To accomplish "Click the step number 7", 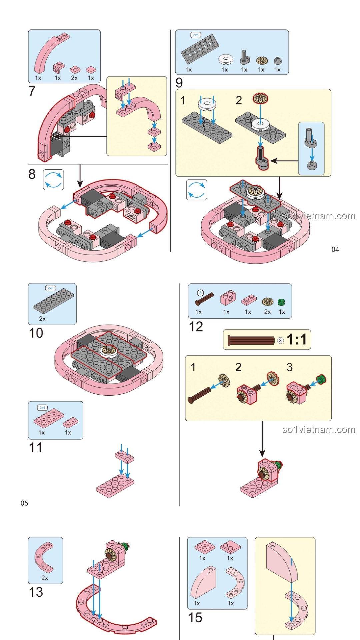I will pos(32,91).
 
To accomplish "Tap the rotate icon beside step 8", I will pos(53,180).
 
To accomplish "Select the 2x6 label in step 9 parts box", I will pos(196,35).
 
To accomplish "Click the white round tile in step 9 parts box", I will pos(226,59).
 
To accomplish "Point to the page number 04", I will pos(335,250).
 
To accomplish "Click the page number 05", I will pos(24,503).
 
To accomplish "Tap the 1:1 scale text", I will pos(296,340).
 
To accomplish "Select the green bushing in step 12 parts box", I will pos(282,302).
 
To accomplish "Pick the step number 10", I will pos(36,333).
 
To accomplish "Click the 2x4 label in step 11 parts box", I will pos(42,408).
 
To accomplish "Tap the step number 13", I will pos(36,592).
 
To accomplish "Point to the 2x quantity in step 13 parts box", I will pos(45,578).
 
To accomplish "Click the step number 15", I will pos(195,618).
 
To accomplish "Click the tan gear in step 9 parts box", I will pos(262,60).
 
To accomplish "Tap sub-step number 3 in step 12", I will pos(289,367).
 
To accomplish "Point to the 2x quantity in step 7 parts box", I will pos(74,78).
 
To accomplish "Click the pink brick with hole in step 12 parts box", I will pos(228,298).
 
